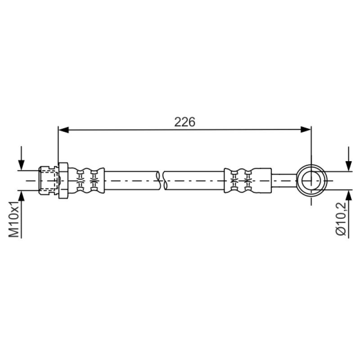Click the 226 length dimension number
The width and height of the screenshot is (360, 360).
coord(184,122)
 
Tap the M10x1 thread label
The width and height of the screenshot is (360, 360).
coord(14,219)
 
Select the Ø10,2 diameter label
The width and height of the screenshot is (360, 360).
coord(341,219)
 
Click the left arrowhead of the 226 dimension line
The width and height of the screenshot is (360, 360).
coord(63,130)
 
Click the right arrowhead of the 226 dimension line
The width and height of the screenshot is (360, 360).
coord(306,130)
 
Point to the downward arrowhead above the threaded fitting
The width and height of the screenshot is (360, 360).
coord(21,165)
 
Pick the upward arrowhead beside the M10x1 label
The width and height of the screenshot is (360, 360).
coord(21,195)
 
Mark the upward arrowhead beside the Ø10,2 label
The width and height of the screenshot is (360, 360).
coord(348,196)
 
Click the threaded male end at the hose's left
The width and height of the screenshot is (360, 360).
coord(49,180)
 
